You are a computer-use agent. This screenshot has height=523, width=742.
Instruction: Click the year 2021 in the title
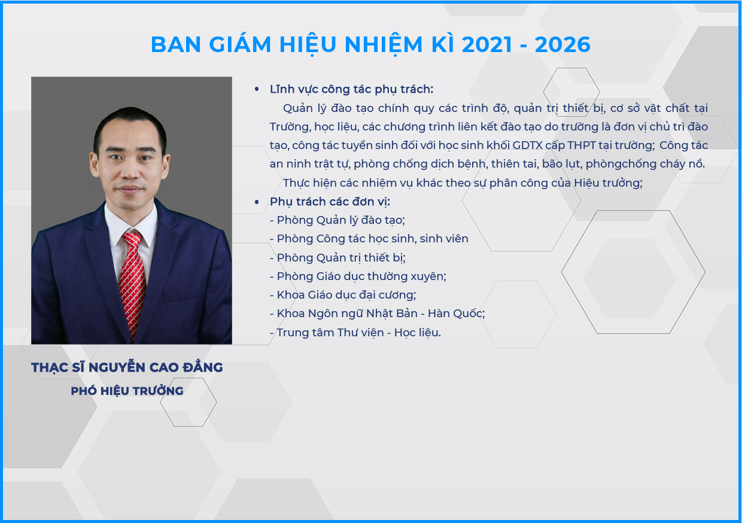[487, 45]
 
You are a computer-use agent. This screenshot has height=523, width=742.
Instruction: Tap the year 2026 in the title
[562, 45]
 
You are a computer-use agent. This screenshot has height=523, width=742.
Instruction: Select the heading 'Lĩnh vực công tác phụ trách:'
[351, 89]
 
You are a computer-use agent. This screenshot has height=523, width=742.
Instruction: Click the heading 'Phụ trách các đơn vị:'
[330, 202]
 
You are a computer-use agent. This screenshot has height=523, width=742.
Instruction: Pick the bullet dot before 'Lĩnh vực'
[257, 89]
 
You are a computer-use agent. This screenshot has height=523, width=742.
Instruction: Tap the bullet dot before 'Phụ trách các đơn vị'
[257, 202]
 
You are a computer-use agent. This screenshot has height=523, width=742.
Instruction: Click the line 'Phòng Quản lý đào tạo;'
[337, 220]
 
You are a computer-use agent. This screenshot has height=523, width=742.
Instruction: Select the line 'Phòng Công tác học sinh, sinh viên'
[369, 239]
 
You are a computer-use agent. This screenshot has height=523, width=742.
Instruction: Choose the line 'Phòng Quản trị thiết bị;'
[337, 258]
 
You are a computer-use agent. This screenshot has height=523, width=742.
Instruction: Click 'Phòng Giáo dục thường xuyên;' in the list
[358, 276]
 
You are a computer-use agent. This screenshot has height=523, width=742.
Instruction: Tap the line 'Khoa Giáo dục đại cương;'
[343, 295]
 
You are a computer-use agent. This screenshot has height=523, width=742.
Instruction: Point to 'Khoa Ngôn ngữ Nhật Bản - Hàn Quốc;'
[378, 314]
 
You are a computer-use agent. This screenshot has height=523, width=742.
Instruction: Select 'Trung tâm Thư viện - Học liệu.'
[355, 332]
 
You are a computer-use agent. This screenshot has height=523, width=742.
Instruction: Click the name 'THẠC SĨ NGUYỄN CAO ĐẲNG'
[127, 367]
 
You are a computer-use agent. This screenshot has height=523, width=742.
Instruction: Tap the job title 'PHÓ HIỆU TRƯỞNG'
[127, 391]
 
